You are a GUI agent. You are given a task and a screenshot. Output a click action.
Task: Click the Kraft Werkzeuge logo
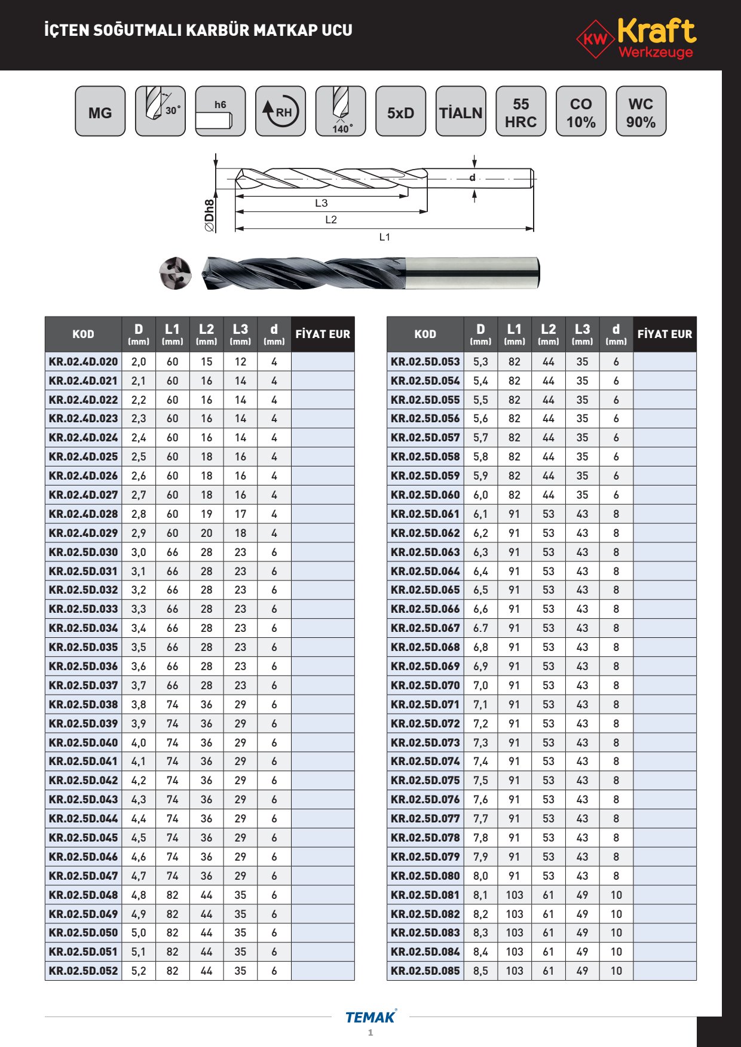point(637,38)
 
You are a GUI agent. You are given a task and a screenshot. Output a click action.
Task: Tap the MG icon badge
point(100,112)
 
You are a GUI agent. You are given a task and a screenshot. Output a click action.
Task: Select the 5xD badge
point(400,112)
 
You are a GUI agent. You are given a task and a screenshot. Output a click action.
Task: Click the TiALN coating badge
point(460,112)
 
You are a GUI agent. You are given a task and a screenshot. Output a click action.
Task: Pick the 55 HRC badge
point(520,112)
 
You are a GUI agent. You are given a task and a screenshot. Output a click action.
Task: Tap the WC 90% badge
point(641,112)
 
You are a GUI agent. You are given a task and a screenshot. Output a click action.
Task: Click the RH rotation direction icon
point(280,112)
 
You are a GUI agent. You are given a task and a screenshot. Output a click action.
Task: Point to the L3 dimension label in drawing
point(321,203)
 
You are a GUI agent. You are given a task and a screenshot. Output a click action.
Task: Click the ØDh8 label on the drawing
point(210,216)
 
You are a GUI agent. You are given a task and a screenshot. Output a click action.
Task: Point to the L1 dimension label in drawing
point(384,237)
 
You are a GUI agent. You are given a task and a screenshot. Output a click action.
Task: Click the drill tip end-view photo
point(175,274)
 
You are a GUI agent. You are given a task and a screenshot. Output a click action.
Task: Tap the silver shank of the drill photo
point(472,272)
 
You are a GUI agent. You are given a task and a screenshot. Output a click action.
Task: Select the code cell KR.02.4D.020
point(84,361)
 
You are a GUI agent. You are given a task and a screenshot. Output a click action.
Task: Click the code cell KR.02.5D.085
point(425,971)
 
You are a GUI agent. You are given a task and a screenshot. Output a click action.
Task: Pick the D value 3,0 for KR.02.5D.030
point(139,552)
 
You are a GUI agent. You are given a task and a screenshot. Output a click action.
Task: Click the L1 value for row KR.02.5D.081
point(515,895)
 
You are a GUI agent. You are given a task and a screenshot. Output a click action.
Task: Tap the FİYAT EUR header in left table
point(323,334)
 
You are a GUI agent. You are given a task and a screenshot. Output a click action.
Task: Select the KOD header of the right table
point(425,334)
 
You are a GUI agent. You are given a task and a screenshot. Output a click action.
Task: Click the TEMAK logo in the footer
point(370,1017)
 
